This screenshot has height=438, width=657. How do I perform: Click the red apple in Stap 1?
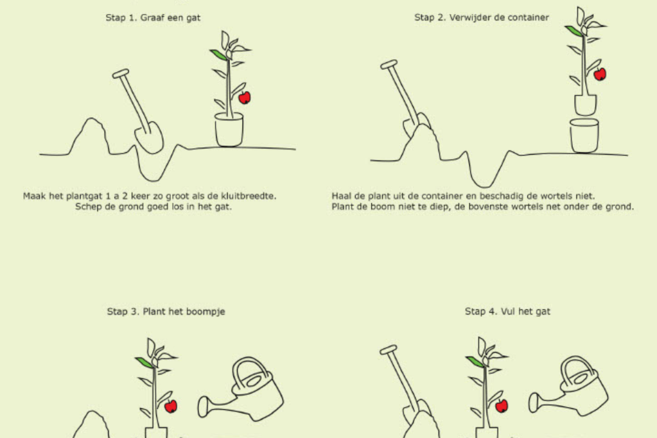[x=245, y=98]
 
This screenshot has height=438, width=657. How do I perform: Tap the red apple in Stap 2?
[x=600, y=74]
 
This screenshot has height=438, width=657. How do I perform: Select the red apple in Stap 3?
[x=171, y=406]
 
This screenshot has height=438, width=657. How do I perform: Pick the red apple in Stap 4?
[x=502, y=406]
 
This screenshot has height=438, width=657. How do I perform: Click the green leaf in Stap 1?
[x=219, y=55]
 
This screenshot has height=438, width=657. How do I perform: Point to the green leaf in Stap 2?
[x=574, y=31]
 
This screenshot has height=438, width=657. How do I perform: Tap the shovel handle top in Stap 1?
[x=121, y=74]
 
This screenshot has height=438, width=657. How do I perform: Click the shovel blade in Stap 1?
[x=149, y=138]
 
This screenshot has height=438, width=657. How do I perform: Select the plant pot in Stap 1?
[x=229, y=130]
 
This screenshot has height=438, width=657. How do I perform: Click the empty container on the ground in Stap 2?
[x=584, y=136]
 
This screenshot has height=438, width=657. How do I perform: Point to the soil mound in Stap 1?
[x=90, y=136]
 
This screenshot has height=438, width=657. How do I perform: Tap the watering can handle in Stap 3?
[x=250, y=372]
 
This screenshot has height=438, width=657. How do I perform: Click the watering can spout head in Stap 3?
[x=203, y=407]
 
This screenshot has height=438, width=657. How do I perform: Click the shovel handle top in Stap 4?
[x=389, y=350]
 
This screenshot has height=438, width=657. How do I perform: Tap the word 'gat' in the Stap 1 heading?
[x=193, y=18]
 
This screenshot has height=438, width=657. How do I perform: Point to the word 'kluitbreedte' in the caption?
[x=249, y=196]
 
